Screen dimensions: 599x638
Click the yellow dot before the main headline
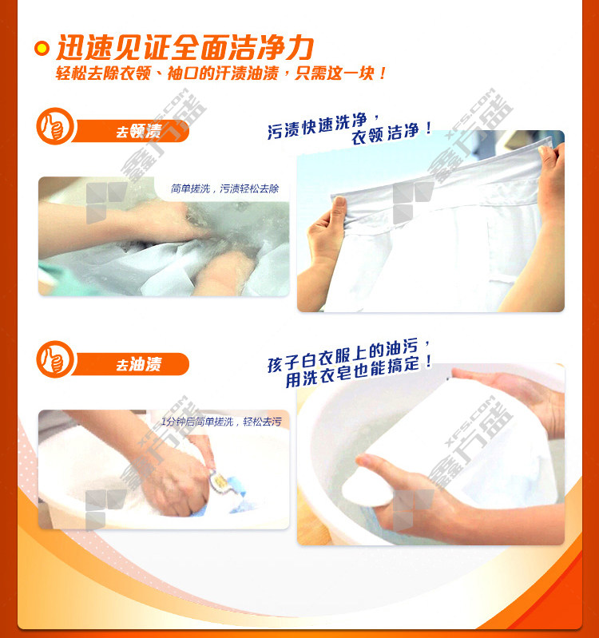coord(42,49)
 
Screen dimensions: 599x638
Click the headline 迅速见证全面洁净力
coord(185,48)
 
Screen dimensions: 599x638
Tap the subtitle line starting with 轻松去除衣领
coord(221,73)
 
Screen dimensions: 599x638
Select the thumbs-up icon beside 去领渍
coord(54,126)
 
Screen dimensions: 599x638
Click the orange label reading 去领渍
coord(131,131)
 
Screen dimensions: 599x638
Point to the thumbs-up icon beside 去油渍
coord(54,359)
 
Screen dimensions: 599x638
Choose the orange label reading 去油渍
coord(131,364)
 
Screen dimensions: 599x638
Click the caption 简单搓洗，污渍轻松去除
coord(224,188)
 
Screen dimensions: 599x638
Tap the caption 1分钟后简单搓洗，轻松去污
coord(221,422)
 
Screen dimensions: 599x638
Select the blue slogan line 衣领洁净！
coord(391,133)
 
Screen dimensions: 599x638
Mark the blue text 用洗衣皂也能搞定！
coord(358,371)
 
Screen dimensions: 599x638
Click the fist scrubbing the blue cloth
coord(176,485)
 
